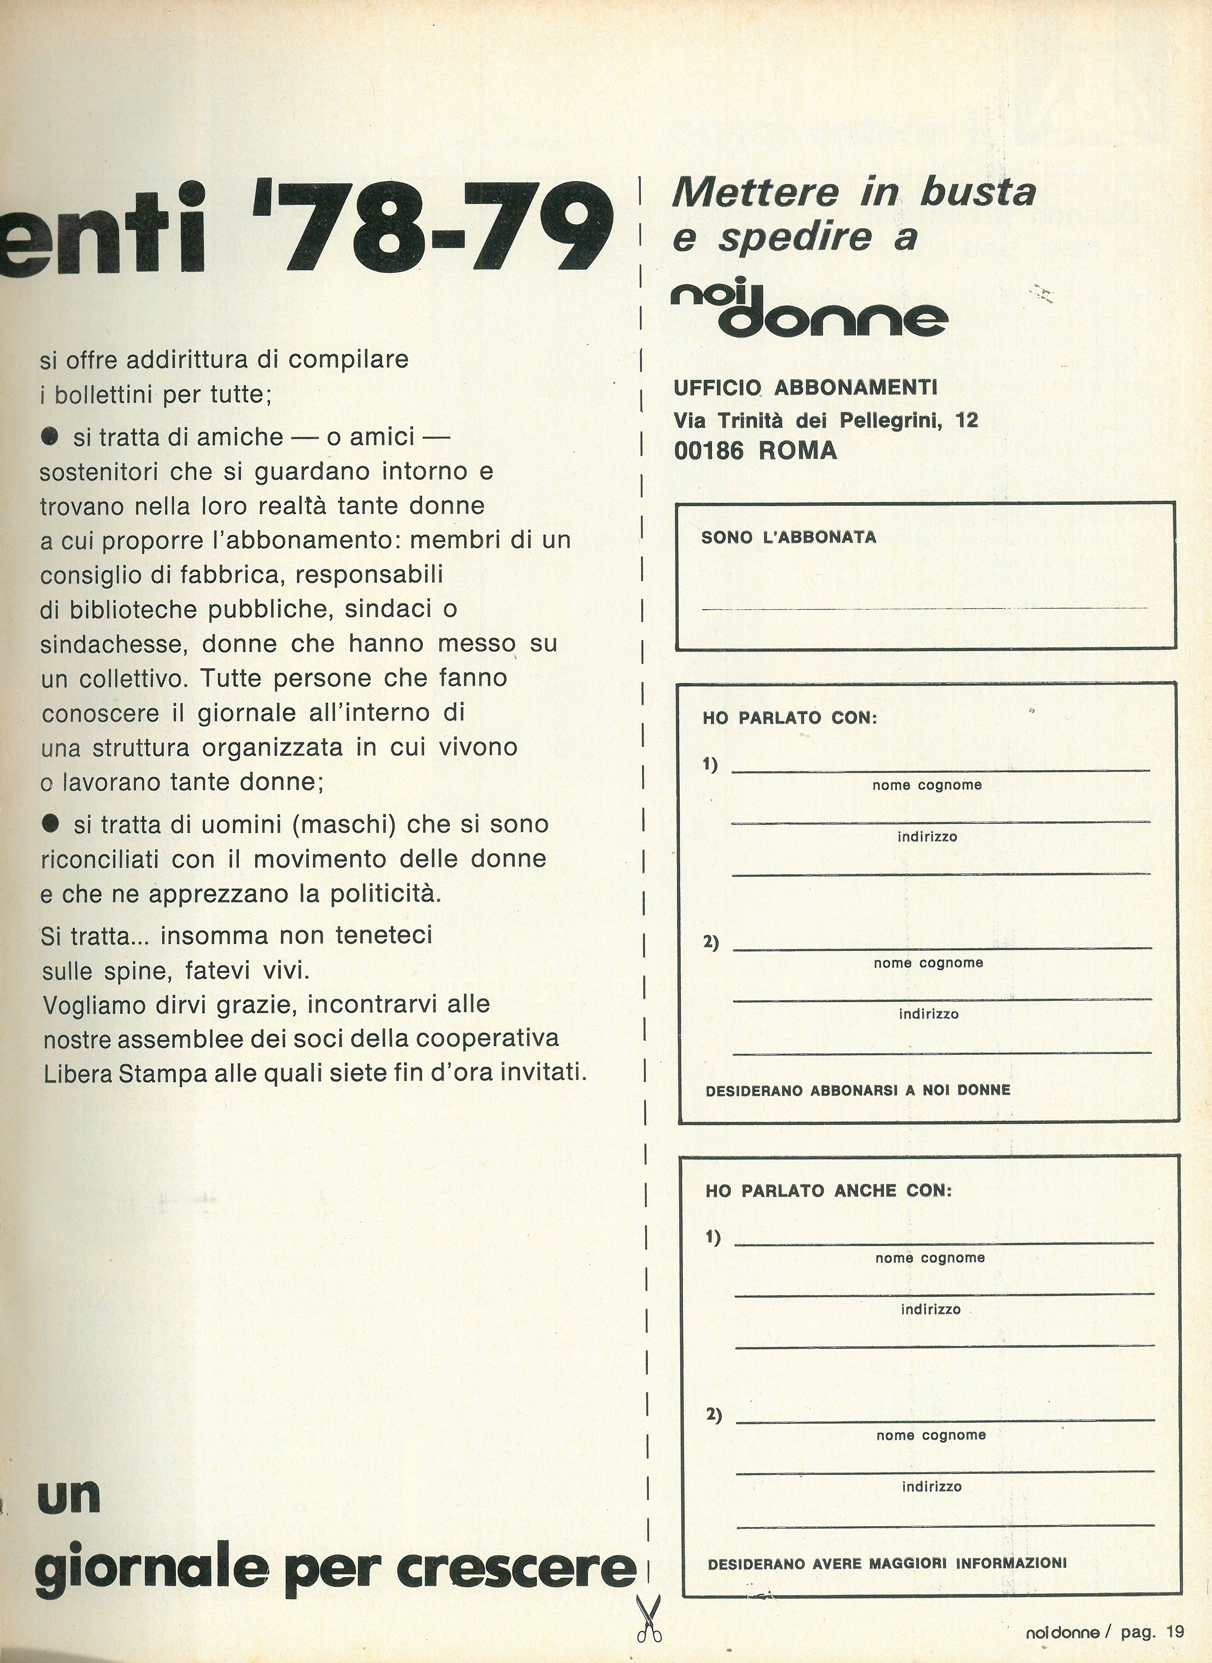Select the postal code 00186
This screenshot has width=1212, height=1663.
click(708, 450)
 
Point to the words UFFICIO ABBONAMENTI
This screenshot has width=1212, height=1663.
click(806, 387)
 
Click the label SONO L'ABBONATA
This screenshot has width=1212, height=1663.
click(789, 538)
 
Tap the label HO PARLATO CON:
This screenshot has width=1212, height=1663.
click(789, 718)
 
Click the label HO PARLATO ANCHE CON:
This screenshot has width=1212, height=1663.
click(829, 1191)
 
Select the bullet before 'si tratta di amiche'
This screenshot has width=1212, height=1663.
click(50, 438)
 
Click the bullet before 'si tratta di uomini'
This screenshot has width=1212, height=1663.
click(50, 824)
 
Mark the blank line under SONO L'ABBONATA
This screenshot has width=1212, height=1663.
click(924, 608)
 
